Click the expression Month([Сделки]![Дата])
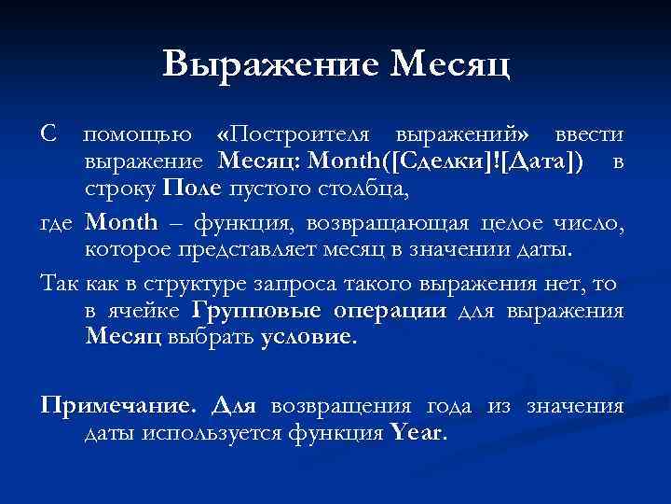(447, 163)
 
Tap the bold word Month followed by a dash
(121, 223)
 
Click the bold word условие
(307, 337)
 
